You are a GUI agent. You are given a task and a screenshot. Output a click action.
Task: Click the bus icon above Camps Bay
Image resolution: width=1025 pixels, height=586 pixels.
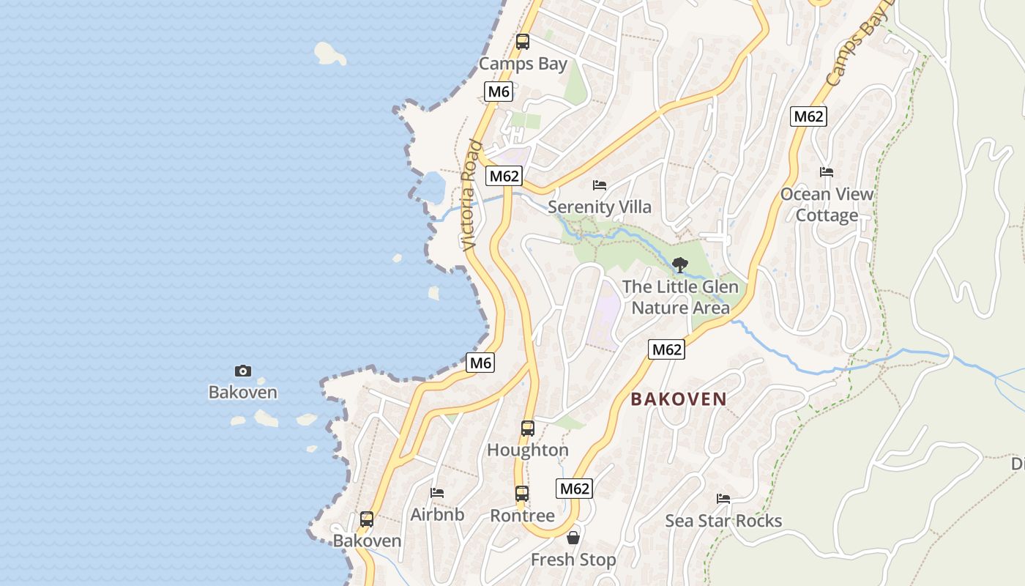tap(522, 42)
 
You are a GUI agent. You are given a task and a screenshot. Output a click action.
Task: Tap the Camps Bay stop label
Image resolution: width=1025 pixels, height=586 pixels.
tap(523, 64)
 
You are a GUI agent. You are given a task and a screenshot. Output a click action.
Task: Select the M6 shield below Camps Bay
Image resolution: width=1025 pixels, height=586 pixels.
tap(498, 92)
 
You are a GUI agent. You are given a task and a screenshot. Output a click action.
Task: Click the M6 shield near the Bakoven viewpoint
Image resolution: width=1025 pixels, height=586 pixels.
tap(481, 362)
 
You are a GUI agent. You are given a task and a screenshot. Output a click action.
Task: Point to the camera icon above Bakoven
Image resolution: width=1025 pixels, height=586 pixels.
tap(242, 371)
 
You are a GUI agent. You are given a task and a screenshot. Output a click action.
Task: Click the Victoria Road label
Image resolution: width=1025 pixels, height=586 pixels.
tap(471, 196)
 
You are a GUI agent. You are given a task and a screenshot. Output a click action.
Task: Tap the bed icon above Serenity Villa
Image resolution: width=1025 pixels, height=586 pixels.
tap(600, 185)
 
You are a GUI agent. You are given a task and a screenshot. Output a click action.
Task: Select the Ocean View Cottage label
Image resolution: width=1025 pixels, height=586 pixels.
tap(827, 204)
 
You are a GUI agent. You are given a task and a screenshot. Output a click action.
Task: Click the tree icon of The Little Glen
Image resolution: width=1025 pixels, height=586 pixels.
tap(680, 264)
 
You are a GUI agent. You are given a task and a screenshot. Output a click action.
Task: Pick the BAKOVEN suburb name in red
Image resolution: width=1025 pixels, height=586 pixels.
tap(679, 399)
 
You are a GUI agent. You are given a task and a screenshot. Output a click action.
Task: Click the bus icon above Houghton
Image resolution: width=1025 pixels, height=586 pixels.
tap(527, 429)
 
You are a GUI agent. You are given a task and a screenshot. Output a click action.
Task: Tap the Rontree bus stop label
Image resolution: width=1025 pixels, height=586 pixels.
tap(522, 516)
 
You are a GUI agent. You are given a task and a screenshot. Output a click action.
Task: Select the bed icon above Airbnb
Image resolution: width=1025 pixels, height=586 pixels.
tap(437, 493)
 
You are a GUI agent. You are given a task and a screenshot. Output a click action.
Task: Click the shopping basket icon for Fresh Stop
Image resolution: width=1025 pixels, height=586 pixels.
tap(573, 538)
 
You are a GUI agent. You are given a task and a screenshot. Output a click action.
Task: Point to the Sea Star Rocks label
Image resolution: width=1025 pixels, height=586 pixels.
tap(723, 521)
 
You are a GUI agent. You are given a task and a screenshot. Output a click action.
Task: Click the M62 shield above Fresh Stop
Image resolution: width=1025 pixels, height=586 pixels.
tap(574, 489)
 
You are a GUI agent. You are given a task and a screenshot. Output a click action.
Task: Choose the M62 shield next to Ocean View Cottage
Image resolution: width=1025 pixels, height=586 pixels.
tap(809, 116)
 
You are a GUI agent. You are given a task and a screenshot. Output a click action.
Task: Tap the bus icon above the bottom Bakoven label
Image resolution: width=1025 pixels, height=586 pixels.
tap(367, 519)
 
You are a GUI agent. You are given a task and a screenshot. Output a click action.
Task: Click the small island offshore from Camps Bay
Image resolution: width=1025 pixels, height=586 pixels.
tap(329, 53)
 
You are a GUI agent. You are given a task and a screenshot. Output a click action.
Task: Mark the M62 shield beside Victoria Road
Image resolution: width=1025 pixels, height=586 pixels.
tap(504, 176)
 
